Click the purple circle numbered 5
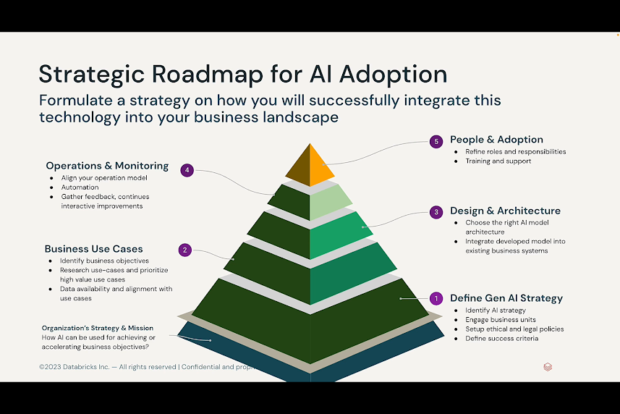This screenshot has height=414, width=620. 436,142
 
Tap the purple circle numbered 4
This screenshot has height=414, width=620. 187,171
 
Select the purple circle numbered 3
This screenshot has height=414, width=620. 436,212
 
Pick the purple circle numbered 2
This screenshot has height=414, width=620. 185,250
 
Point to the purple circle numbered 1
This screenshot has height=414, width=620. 436,298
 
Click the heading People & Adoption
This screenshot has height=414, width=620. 496,140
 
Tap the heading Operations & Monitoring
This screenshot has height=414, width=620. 107,166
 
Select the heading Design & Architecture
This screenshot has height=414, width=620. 505,211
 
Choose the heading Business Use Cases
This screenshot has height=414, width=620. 94,249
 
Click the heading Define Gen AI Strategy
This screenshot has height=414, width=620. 506,297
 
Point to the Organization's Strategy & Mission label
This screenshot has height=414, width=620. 97,328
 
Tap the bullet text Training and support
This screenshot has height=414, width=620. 498,161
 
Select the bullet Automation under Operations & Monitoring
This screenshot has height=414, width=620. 80,187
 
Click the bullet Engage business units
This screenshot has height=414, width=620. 501,320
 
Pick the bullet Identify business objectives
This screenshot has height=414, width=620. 104,261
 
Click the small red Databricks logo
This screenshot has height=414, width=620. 548,367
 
